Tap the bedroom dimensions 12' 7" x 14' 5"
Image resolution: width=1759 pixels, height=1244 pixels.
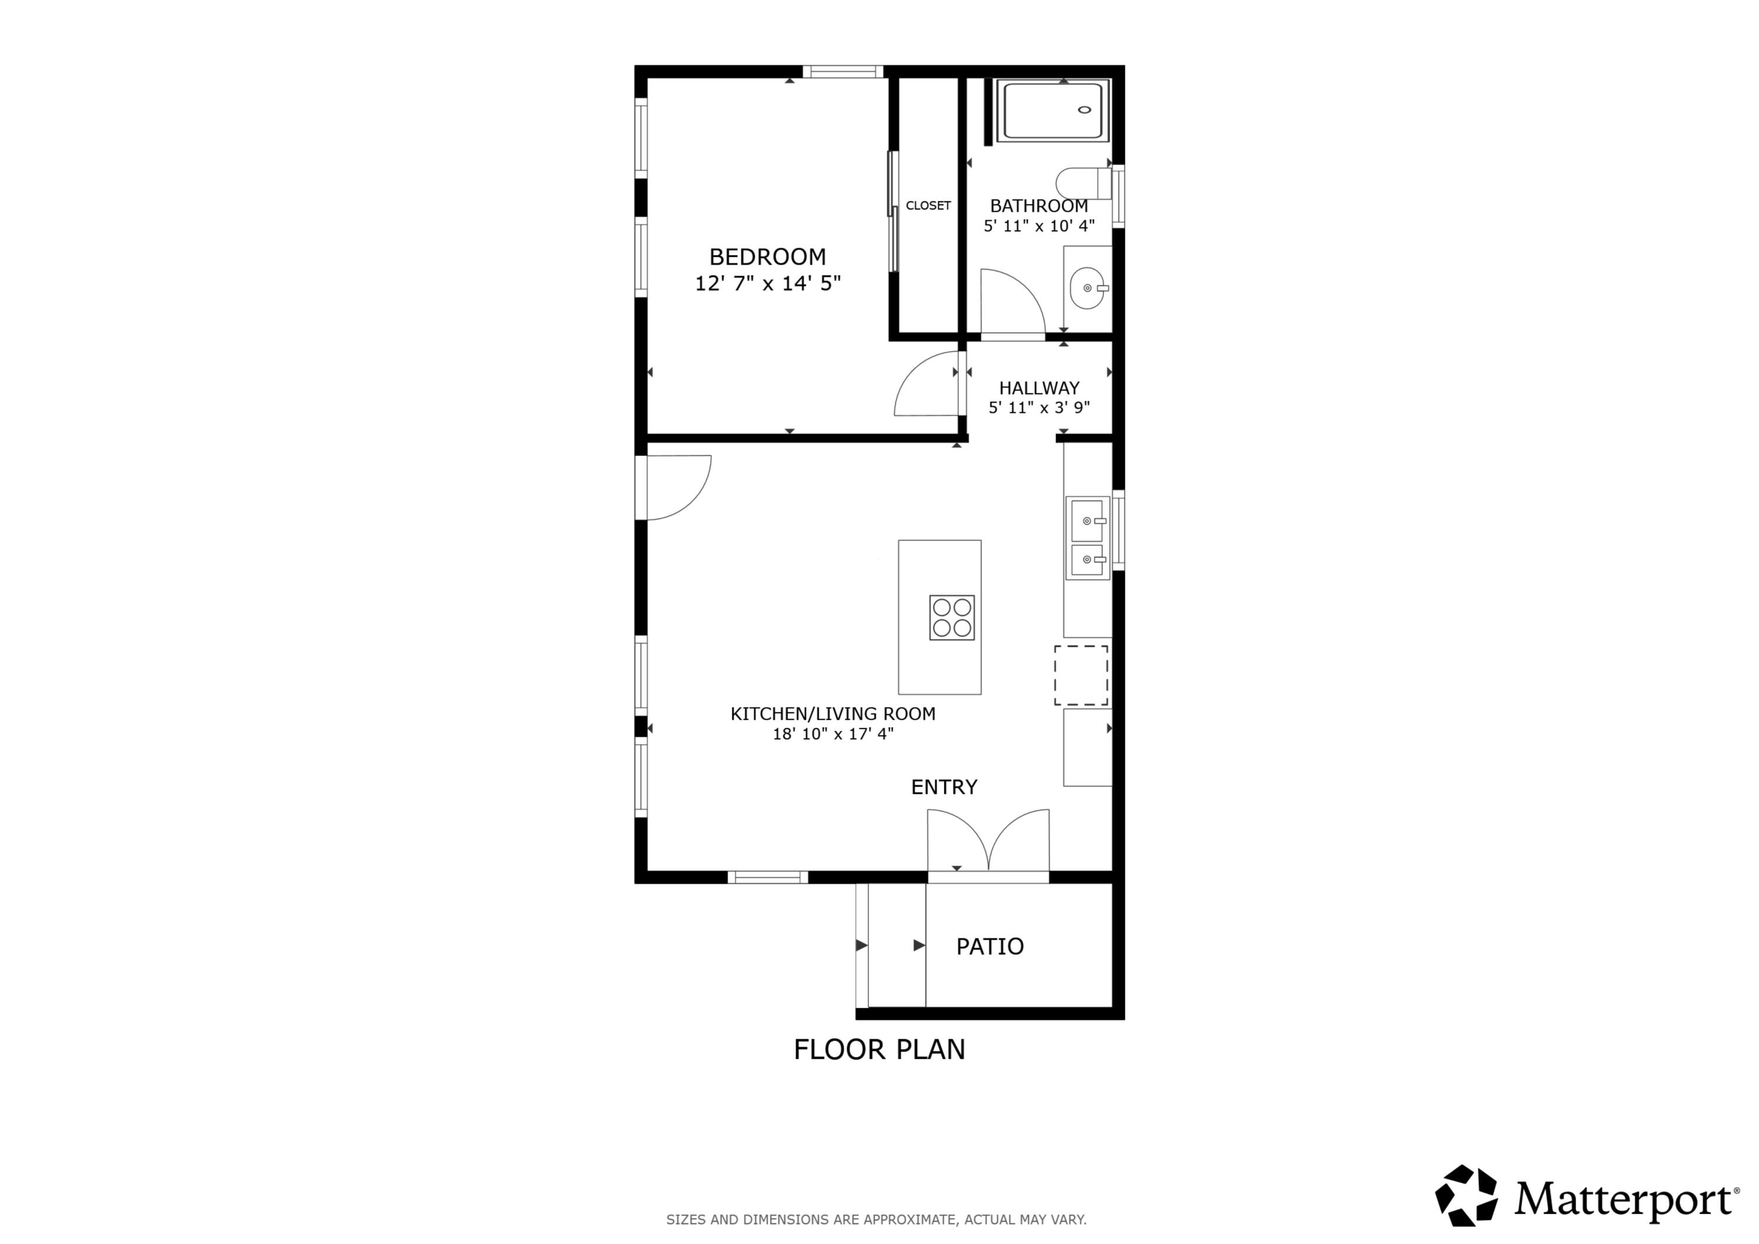pos(767,284)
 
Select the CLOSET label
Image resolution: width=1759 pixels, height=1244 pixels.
pos(928,205)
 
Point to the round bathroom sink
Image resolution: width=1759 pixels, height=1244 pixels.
pos(1086,288)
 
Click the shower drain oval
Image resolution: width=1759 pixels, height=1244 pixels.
pos(1084,110)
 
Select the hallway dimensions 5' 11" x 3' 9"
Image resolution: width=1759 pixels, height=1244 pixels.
pos(1039,408)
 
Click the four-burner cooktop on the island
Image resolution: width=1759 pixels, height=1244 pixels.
pos(952,617)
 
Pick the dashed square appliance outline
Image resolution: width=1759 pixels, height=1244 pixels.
pos(1080,675)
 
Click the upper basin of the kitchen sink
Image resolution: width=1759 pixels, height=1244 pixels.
pos(1086,520)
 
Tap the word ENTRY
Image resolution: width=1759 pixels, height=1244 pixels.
pos(944,787)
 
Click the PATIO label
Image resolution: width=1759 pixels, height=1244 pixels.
pos(990,947)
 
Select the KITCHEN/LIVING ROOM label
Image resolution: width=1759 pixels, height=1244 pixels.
pos(833,714)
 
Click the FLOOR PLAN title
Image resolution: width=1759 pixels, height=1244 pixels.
pos(879,1049)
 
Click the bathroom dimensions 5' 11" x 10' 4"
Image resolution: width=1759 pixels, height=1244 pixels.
pos(1039,226)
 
